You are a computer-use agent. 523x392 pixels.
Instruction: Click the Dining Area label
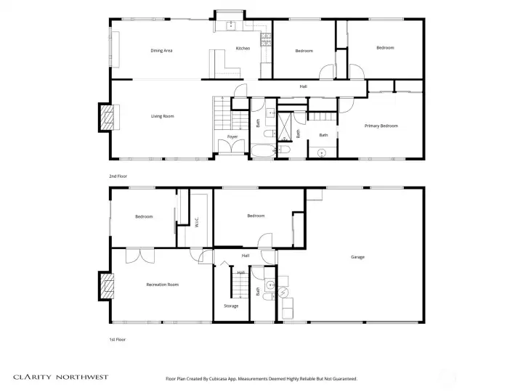161,50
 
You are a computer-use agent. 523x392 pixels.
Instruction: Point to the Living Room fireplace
106,117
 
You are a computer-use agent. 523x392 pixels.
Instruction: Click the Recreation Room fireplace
106,285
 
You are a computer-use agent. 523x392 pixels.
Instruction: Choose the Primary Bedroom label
381,126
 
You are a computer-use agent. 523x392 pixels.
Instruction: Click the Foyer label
232,136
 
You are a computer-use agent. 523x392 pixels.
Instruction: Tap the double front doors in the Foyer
232,147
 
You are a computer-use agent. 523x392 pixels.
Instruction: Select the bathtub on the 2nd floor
263,152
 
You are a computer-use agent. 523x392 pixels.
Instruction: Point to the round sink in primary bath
322,152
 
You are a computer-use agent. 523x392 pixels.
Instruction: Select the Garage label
357,257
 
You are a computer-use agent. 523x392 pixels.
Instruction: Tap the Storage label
231,306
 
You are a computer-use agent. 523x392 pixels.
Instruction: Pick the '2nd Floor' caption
118,176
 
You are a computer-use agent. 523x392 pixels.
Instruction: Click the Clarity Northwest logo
60,377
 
